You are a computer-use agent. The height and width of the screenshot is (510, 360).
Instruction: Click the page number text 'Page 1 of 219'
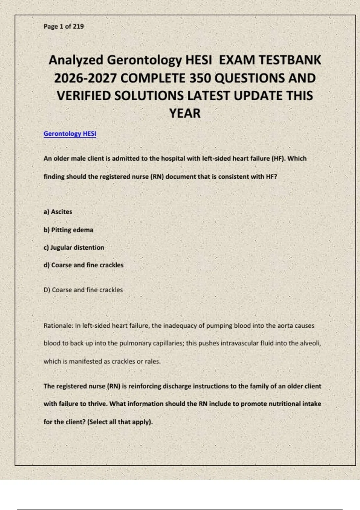click(x=64, y=26)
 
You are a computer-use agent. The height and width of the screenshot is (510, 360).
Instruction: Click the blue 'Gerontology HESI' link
click(x=70, y=133)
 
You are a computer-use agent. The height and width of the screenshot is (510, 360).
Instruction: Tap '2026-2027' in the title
click(x=85, y=78)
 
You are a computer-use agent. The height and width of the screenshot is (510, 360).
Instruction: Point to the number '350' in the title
click(x=200, y=78)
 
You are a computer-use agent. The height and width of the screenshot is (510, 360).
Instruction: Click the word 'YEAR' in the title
click(x=185, y=113)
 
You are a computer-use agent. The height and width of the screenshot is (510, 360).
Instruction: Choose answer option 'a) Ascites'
click(x=58, y=212)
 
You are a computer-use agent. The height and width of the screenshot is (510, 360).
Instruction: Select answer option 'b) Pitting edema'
click(x=68, y=230)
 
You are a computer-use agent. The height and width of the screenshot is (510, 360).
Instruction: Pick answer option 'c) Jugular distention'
click(x=74, y=247)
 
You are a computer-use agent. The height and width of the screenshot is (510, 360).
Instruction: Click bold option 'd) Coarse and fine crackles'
click(x=83, y=265)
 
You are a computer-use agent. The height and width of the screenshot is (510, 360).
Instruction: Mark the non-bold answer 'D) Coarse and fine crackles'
click(x=83, y=290)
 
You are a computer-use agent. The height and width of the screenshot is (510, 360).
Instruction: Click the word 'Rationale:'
click(x=58, y=326)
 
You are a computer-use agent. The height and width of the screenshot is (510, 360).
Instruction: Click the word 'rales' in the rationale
click(x=152, y=361)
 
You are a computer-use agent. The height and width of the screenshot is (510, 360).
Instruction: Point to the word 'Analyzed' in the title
click(x=76, y=60)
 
